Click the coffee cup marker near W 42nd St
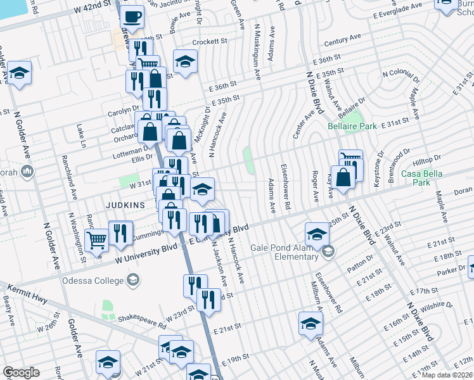tap(132, 17)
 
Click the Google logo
tap(21, 372)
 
